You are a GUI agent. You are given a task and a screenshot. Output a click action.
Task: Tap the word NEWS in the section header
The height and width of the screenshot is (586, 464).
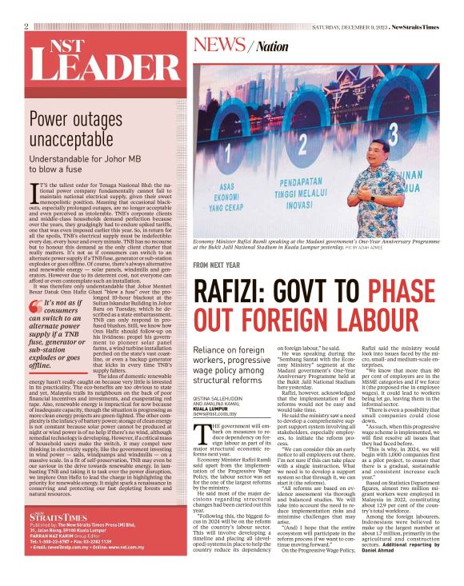(224, 45)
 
